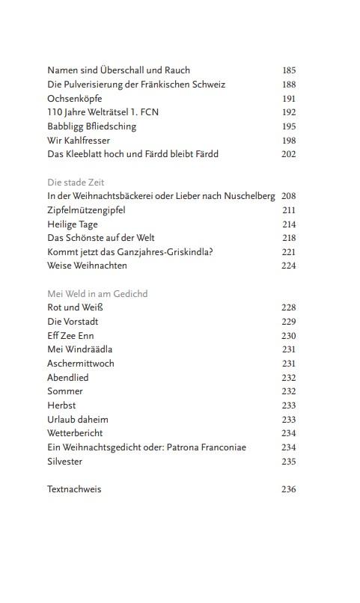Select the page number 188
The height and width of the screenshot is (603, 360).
[290, 85]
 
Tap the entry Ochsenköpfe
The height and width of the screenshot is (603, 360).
[75, 98]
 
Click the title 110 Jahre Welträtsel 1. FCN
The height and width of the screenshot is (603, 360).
[103, 112]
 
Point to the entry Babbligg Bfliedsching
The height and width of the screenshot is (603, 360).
[91, 126]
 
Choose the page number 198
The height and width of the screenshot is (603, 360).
[290, 140]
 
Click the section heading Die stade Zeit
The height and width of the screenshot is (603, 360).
[76, 182]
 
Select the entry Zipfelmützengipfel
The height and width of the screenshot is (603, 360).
[86, 209]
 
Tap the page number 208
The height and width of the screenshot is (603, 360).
[290, 196]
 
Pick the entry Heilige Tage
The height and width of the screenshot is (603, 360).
[73, 224]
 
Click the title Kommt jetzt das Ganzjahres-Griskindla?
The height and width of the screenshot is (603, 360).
[130, 251]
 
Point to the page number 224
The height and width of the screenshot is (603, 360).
[290, 266]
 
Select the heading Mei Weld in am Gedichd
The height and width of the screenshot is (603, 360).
[97, 294]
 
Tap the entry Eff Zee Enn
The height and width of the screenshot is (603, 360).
[70, 335]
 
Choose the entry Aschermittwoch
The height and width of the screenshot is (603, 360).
[81, 364]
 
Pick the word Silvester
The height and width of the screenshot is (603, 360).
[65, 462]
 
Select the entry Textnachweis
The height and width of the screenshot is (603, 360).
[74, 489]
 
